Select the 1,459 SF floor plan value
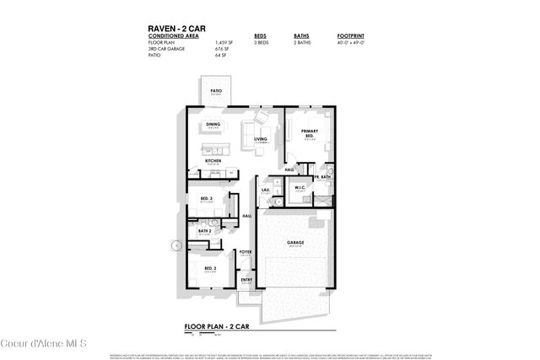[224, 42]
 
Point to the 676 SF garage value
[221, 49]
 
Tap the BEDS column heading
[260, 35]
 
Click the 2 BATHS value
[301, 42]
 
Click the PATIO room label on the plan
[216, 90]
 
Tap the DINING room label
[213, 125]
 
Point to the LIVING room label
[261, 139]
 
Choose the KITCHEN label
[213, 160]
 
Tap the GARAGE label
[295, 243]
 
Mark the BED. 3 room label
[207, 199]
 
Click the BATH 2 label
[204, 230]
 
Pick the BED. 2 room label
[209, 267]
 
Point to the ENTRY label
[246, 280]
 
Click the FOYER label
[246, 251]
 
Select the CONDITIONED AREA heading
[173, 35]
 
